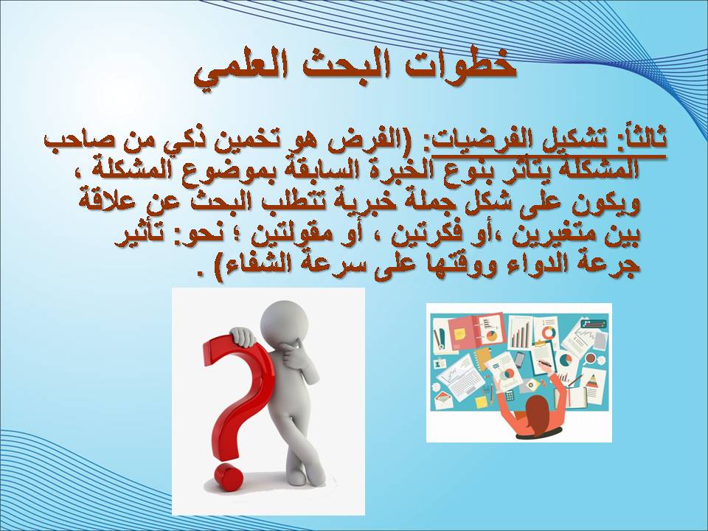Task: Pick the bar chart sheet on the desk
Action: pyautogui.click(x=521, y=333)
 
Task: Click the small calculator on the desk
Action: pyautogui.click(x=510, y=396)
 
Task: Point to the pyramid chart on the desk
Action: pyautogui.click(x=591, y=381)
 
